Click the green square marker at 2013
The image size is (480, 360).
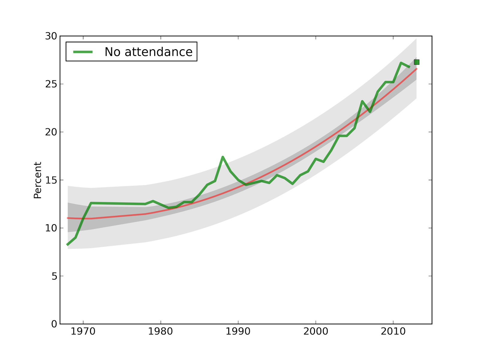[x=416, y=62]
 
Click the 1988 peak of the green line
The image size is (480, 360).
[x=223, y=157]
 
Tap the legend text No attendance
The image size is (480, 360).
[x=148, y=52]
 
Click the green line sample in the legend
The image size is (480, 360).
[x=83, y=52]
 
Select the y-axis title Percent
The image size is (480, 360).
[x=37, y=180]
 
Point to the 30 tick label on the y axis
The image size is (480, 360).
[x=51, y=36]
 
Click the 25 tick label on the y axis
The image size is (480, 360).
[x=51, y=84]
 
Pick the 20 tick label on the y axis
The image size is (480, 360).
[x=51, y=132]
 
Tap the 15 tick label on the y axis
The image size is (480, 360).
[x=51, y=180]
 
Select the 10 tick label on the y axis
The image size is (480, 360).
[x=51, y=228]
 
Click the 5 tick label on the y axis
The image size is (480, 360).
[x=54, y=276]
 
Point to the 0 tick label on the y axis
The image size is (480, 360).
[x=54, y=324]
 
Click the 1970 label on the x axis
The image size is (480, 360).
[x=83, y=331]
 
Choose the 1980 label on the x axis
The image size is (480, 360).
[x=160, y=331]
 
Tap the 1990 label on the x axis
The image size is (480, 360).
[x=238, y=331]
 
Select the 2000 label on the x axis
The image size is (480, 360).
[x=316, y=331]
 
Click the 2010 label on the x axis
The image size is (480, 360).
[x=393, y=331]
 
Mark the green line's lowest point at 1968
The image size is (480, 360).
[x=67, y=245]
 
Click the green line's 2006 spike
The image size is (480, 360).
[x=362, y=101]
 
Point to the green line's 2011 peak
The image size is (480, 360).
[x=401, y=63]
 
